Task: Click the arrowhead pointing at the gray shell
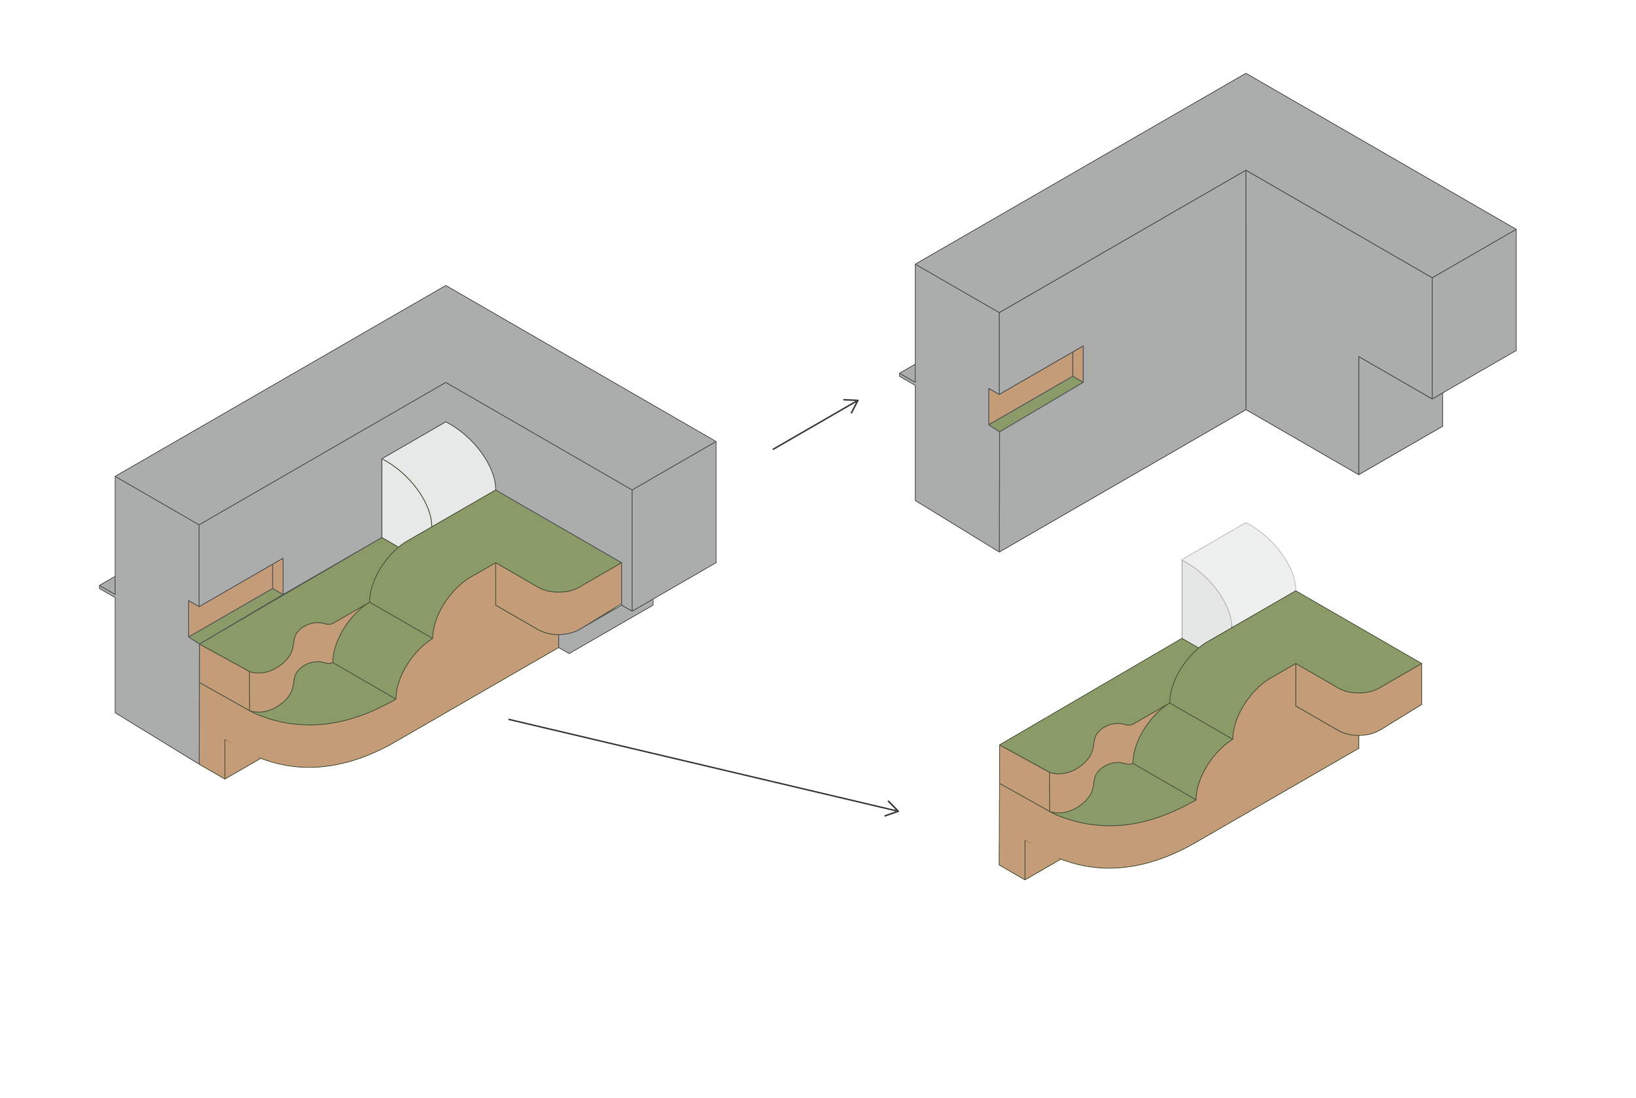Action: point(855,402)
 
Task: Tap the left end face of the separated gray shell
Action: point(956,406)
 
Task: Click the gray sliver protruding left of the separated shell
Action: point(906,375)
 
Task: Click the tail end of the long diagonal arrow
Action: point(510,719)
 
